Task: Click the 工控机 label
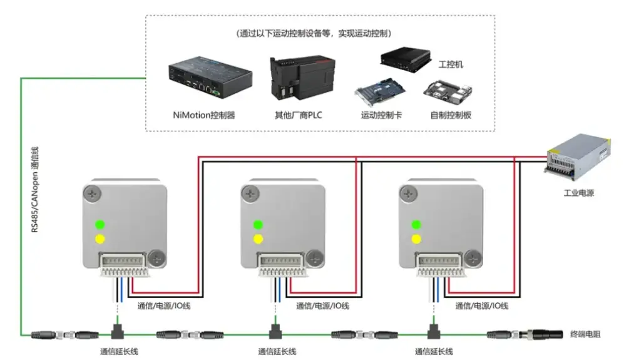[x=451, y=64]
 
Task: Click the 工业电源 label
[x=578, y=193]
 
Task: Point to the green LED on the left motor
[x=99, y=225]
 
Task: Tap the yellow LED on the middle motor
[x=257, y=239]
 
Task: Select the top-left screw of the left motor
[x=94, y=193]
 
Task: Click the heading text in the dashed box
[x=319, y=33]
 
